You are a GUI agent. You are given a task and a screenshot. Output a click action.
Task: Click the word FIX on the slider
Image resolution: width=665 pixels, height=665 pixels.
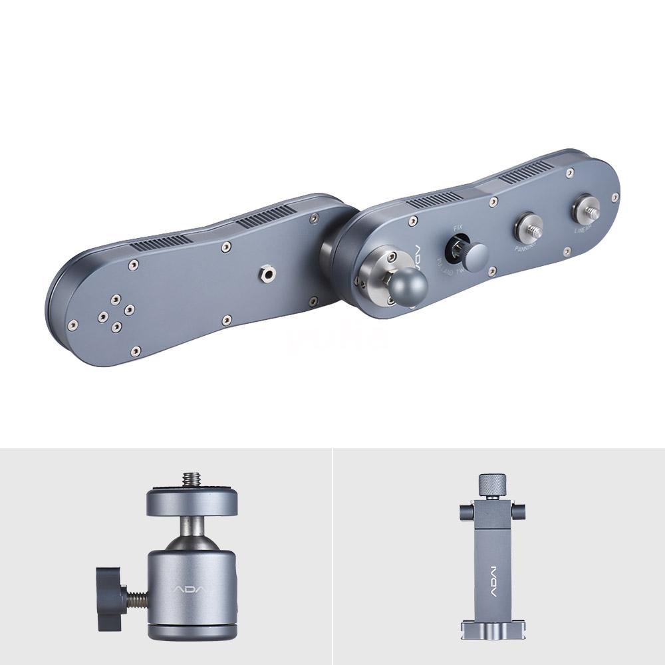(x=457, y=228)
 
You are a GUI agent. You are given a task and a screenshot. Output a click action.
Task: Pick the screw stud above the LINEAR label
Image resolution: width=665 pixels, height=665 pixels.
(x=587, y=207)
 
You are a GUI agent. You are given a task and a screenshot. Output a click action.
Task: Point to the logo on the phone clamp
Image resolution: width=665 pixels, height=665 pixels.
(x=493, y=576)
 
